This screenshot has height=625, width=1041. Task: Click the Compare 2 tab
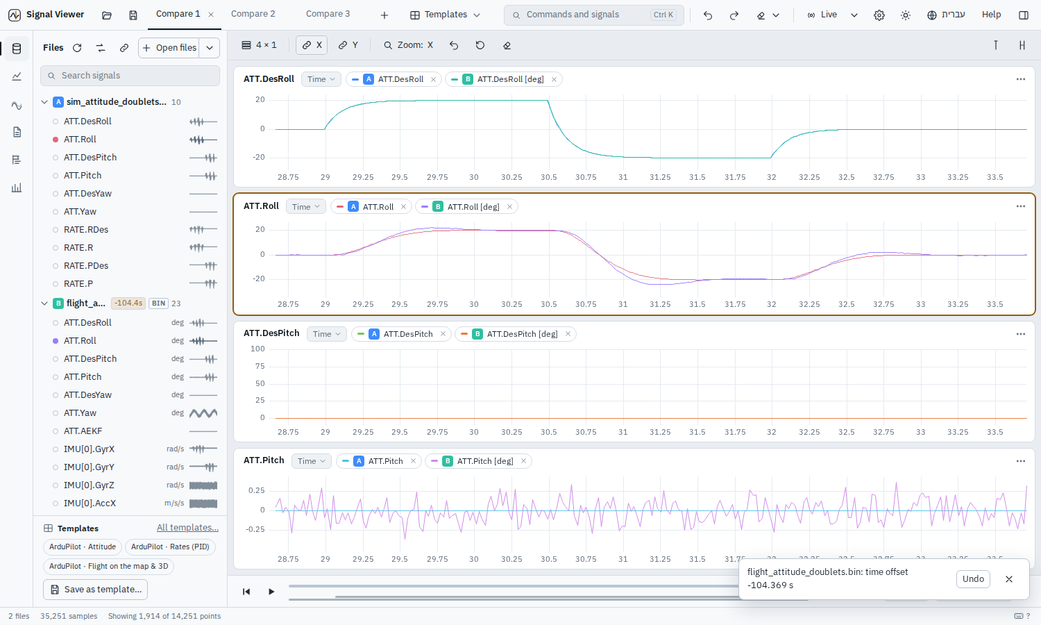point(253,14)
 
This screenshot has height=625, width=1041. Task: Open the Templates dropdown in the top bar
point(445,15)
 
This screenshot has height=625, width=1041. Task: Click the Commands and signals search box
point(593,15)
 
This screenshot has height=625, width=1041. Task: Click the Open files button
point(169,47)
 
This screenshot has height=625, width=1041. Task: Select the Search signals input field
point(130,75)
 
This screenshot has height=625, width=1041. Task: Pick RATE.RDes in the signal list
point(86,229)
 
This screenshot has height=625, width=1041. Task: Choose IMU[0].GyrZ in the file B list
point(89,485)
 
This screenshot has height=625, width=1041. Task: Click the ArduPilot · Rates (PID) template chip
point(170,547)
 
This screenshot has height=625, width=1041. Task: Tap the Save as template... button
point(95,589)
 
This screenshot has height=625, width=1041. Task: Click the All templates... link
point(187,527)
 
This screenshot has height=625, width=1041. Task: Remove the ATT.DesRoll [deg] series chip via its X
point(554,80)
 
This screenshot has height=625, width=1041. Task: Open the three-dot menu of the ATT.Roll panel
point(1021,206)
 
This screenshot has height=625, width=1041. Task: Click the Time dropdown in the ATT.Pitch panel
point(312,461)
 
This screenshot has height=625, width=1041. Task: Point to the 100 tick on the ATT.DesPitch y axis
point(257,349)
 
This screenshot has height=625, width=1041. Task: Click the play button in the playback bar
point(271,592)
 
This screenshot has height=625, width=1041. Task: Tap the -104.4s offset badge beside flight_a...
point(128,303)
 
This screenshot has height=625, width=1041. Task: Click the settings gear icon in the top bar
point(879,15)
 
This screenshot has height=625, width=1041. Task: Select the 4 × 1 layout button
point(260,45)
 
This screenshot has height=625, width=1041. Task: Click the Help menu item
point(991,15)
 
